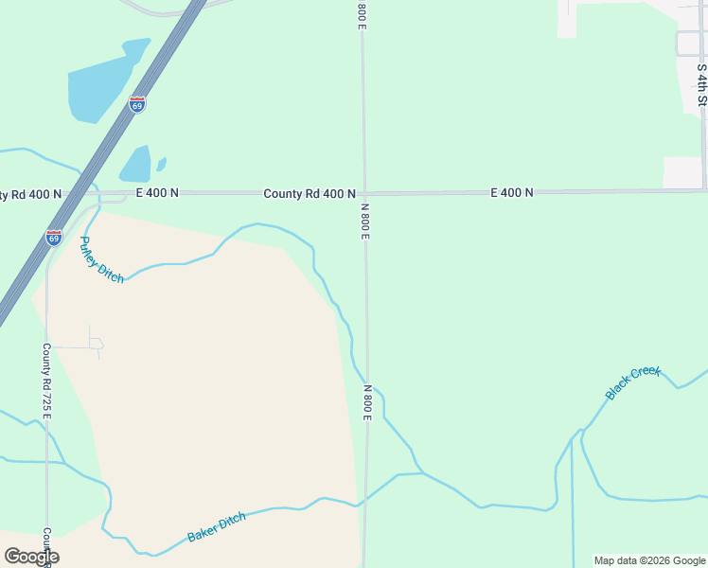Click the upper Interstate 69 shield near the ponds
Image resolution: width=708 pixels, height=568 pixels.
(x=138, y=104)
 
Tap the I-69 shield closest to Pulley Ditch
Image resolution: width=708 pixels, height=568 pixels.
(x=54, y=237)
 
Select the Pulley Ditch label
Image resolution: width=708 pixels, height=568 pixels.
(x=101, y=259)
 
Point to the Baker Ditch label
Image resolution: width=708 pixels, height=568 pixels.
(x=217, y=526)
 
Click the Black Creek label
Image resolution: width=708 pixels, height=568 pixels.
(x=633, y=382)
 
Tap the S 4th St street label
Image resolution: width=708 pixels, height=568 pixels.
(x=701, y=84)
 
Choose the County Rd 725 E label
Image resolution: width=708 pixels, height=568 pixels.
(x=46, y=382)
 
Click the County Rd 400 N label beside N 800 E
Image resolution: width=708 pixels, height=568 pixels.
(x=310, y=193)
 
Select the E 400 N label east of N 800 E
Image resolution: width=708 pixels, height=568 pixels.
(x=512, y=192)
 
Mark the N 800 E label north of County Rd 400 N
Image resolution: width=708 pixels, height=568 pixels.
(x=362, y=14)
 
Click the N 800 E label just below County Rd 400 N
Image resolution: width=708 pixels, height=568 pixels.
(x=364, y=221)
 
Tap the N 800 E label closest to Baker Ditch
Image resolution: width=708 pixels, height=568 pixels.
(x=367, y=403)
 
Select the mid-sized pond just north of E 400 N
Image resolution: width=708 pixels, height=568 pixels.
(x=135, y=165)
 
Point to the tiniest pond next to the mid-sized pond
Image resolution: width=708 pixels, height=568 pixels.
(x=161, y=164)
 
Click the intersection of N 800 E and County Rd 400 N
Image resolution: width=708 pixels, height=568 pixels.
(x=363, y=193)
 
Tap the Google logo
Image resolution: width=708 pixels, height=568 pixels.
(x=31, y=557)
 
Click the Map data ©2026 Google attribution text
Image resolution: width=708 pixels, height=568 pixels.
(x=649, y=560)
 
